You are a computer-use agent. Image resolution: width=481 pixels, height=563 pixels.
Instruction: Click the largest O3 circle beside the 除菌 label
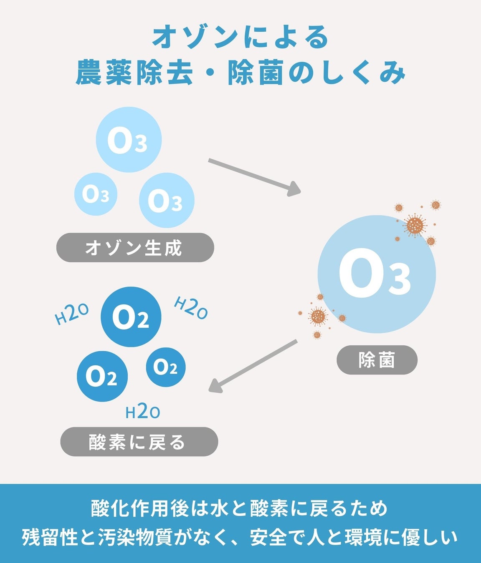pos(377,274)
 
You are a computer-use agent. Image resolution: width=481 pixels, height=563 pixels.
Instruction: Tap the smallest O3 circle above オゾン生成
pos(96,194)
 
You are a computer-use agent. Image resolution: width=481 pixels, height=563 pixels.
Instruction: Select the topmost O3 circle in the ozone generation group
pos(129,140)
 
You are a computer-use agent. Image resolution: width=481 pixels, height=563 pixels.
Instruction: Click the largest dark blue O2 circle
pos(131,317)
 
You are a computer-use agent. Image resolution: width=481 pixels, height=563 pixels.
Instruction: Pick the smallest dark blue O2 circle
pos(166,367)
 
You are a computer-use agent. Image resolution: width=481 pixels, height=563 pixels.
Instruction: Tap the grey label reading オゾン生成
pos(135,248)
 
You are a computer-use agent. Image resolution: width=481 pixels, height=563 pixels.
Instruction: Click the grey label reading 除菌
pos(377,360)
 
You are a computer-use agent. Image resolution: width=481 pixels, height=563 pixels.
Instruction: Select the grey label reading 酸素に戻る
pos(139,442)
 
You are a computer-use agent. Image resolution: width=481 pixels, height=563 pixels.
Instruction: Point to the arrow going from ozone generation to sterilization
pos(254,177)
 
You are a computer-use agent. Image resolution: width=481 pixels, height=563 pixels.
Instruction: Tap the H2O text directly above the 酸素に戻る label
pos(143,412)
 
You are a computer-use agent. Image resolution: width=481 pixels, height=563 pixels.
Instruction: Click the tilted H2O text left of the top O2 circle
pos(72,314)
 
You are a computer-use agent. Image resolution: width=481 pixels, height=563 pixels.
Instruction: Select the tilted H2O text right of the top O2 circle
pos(191,307)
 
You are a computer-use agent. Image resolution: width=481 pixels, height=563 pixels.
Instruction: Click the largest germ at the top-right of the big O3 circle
pos(415,226)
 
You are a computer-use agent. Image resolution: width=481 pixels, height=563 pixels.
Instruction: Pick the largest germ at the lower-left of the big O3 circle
pos(318,317)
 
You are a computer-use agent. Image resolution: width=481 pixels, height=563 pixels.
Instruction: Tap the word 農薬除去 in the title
pos(134,73)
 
